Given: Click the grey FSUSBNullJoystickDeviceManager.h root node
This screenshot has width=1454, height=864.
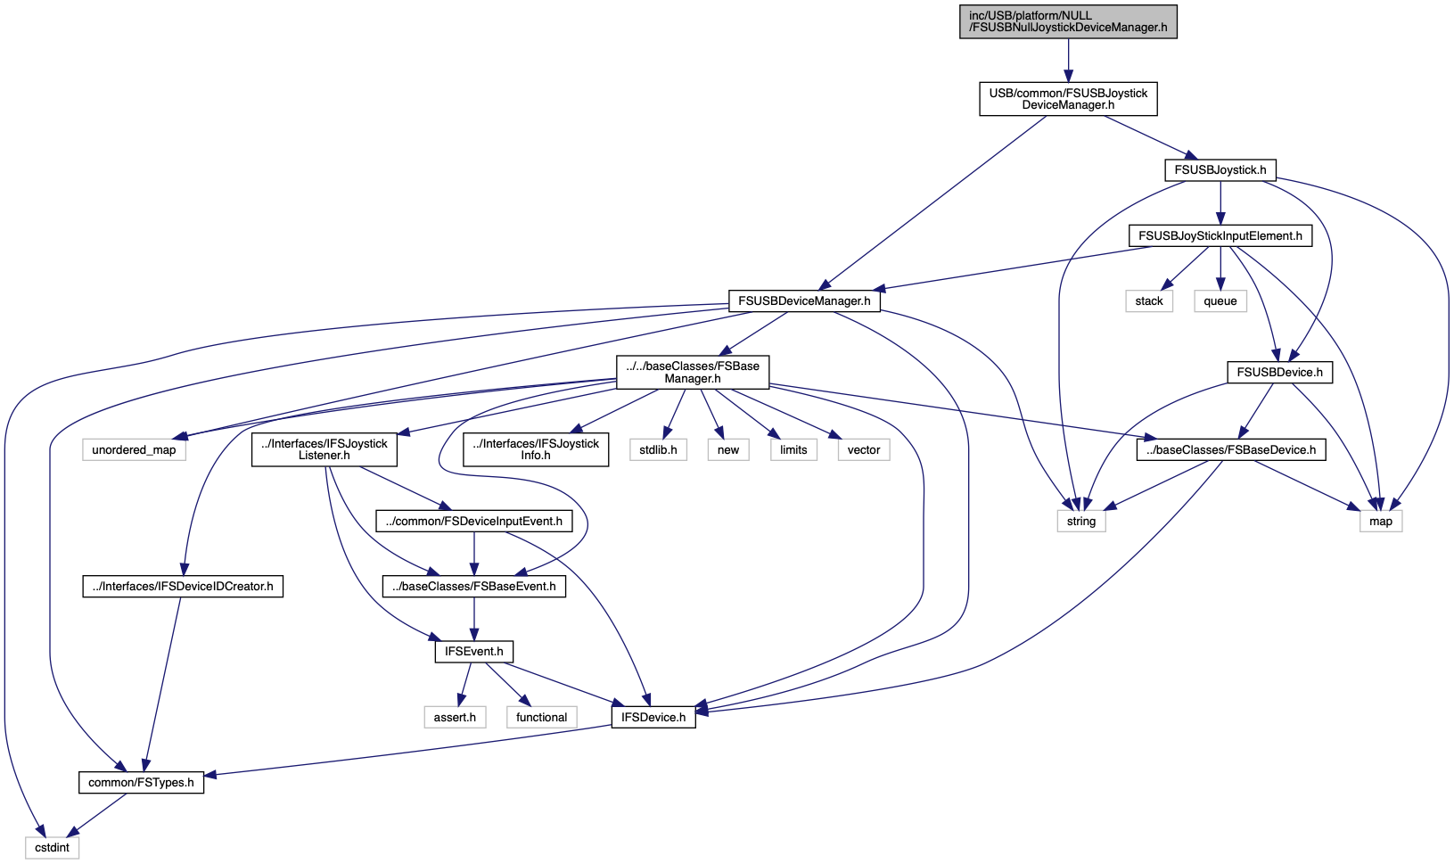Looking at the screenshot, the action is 1068,21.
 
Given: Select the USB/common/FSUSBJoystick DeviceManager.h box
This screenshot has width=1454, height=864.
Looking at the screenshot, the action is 1068,99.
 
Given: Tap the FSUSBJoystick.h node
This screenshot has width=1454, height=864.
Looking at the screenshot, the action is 1220,170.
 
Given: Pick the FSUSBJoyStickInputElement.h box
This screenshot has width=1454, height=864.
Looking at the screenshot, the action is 1220,235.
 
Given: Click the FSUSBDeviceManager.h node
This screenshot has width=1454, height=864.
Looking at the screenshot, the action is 803,301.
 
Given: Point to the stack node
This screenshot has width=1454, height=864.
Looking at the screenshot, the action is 1149,301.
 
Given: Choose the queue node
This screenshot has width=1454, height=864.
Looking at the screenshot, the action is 1220,301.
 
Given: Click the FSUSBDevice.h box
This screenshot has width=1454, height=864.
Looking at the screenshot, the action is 1279,373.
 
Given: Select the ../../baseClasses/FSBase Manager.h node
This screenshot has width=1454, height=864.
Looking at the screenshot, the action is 693,372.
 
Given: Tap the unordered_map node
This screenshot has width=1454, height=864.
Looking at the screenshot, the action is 134,450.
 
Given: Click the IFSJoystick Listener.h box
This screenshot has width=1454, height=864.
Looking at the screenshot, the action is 324,449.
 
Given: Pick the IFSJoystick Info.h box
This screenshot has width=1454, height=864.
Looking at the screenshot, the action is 536,449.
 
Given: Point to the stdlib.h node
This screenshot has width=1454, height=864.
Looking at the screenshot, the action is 658,450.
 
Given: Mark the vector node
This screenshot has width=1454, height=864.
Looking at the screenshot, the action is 863,450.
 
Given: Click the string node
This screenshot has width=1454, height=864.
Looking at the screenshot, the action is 1080,522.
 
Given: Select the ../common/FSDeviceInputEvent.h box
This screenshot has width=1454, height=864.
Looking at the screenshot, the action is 474,522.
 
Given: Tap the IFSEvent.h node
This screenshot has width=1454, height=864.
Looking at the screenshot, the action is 474,652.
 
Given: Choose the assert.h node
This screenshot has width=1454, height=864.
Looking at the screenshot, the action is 455,717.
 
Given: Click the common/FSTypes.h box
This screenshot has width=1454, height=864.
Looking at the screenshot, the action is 141,782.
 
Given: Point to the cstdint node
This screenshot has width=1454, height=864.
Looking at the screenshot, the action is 52,848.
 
